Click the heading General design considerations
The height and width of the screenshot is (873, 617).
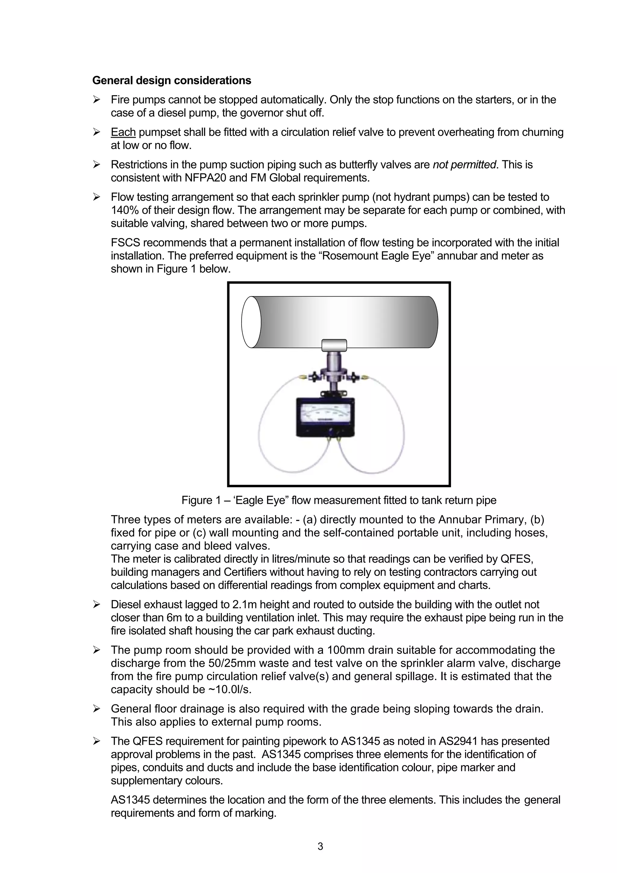coord(171,80)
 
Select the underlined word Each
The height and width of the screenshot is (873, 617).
coord(123,132)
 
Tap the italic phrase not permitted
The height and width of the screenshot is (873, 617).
coord(464,165)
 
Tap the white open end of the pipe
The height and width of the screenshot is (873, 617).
coord(251,322)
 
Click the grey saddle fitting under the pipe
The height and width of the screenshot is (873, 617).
coord(334,345)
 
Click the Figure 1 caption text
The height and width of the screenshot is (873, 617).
coord(339,500)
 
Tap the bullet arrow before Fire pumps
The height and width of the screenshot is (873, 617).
coord(97,100)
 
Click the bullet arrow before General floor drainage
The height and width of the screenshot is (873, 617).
coord(97,709)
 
